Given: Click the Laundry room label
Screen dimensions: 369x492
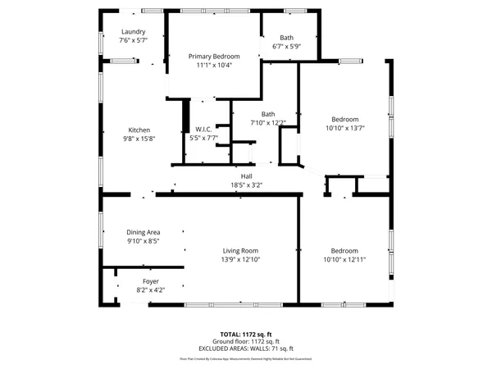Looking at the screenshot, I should click(133, 32).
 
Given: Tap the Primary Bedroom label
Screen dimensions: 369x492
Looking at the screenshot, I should click(214, 57).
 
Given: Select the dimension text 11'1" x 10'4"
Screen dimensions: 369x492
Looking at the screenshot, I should click(214, 66).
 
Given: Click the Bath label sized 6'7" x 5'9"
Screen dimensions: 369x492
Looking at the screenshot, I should click(286, 38).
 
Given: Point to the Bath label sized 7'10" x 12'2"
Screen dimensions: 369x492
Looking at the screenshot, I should click(268, 114).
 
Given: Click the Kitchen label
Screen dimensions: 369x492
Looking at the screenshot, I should click(139, 130).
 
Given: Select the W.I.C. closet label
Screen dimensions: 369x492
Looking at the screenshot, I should click(203, 130).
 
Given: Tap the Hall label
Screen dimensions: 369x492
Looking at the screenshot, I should click(246, 176).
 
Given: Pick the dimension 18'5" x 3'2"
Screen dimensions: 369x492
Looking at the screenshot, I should click(246, 185).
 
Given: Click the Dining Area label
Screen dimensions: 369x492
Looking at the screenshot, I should click(143, 232).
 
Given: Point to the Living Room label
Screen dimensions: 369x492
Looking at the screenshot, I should click(240, 251).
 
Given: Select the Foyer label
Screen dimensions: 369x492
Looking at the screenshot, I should click(150, 280).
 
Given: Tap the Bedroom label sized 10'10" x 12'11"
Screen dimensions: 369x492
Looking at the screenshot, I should click(344, 251).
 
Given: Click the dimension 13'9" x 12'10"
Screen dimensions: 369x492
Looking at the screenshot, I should click(240, 260).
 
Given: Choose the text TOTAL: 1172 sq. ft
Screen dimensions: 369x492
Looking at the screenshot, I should click(246, 334).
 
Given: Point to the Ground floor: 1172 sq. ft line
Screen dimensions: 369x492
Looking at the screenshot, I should click(246, 341).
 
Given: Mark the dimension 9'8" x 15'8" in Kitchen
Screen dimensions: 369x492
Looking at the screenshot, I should click(139, 139).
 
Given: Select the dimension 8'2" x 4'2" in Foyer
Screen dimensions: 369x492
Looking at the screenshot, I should click(150, 289).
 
